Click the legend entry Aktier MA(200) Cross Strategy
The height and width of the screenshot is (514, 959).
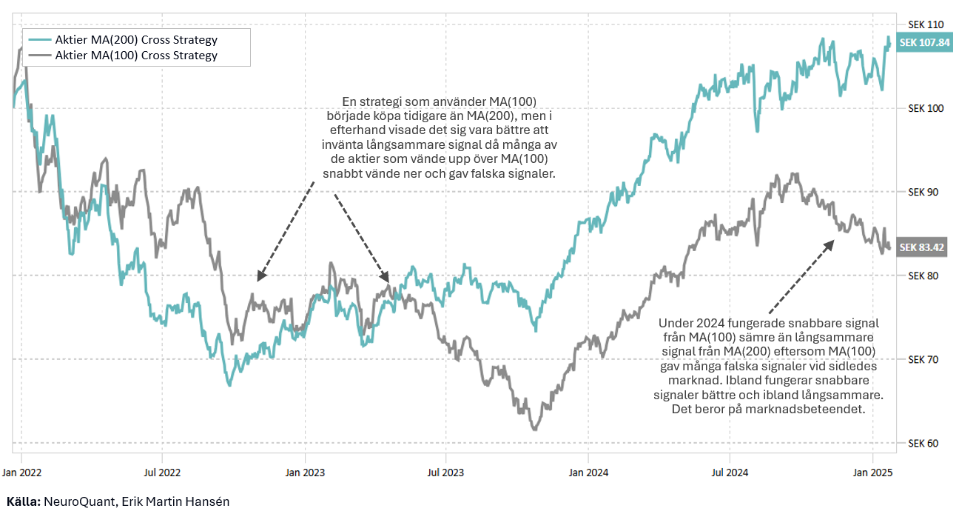(136, 39)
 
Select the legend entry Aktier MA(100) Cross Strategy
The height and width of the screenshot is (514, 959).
(136, 55)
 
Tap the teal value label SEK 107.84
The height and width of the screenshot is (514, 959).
(924, 42)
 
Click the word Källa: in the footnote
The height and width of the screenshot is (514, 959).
(23, 501)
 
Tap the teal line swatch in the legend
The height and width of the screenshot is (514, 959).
(39, 39)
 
